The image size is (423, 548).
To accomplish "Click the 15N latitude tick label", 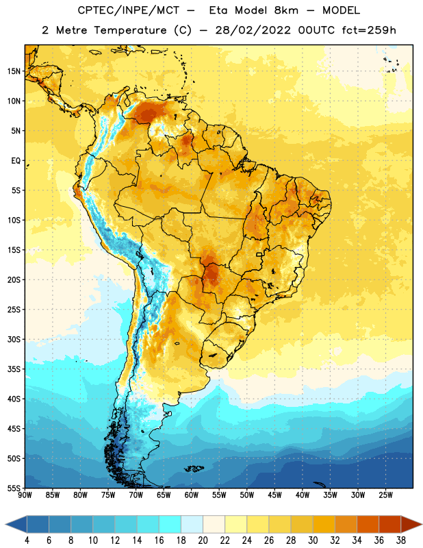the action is coord(14,71).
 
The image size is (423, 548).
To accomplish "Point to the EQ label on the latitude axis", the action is coord(16,161).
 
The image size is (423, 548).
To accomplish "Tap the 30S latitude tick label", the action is coord(14,339).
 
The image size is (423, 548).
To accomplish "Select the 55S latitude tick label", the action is coord(14,488).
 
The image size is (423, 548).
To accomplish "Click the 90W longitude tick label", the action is coord(25,495).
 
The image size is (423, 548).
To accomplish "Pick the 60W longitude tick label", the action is coord(192,495).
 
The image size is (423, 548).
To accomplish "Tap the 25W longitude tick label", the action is coord(385,495).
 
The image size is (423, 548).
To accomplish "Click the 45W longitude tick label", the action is coord(274,495).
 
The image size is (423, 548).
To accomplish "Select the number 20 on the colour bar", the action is coord(203,540).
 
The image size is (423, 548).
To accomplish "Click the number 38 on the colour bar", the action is coord(401,540).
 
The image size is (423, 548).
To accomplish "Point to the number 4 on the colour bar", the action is coord(27,540).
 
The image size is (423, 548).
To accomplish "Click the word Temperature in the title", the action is coord(130,30).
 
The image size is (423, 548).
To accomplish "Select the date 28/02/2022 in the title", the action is coord(253,30).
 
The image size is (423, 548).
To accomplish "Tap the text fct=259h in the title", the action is coord(369,30).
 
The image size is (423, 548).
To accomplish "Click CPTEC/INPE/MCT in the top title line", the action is coord(128,10).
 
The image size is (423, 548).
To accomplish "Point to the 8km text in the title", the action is coord(286,10).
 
